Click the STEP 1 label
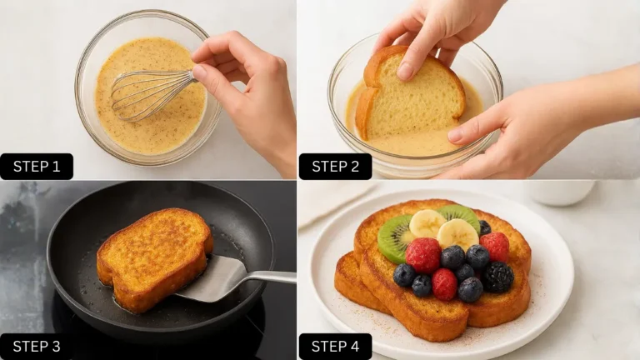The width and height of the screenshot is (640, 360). [37, 166]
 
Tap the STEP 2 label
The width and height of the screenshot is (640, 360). [336, 166]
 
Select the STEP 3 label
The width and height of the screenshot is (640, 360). [37, 346]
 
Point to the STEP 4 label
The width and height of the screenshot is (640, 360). [336, 346]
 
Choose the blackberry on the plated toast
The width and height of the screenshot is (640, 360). [498, 277]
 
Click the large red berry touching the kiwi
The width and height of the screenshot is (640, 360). [423, 255]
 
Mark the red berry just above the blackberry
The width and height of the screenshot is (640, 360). [495, 246]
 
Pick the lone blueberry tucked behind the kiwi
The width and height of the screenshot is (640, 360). [484, 227]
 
